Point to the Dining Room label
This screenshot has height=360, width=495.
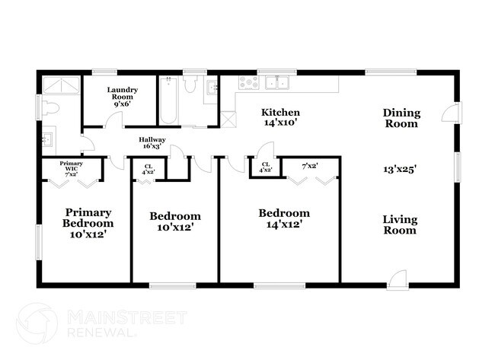click(x=401, y=118)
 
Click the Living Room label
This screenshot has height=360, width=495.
click(x=400, y=225)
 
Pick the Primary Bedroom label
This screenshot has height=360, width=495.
click(x=88, y=224)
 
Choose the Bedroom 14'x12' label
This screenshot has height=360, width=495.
click(x=283, y=219)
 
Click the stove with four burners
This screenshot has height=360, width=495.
click(x=248, y=82)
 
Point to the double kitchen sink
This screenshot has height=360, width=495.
click(x=278, y=82)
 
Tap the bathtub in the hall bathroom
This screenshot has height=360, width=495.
click(x=168, y=101)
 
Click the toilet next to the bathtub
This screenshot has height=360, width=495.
click(x=190, y=89)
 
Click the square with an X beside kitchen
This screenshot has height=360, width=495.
click(x=227, y=119)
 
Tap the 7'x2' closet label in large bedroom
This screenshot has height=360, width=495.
click(x=309, y=165)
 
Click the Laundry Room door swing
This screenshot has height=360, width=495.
click(x=88, y=142)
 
